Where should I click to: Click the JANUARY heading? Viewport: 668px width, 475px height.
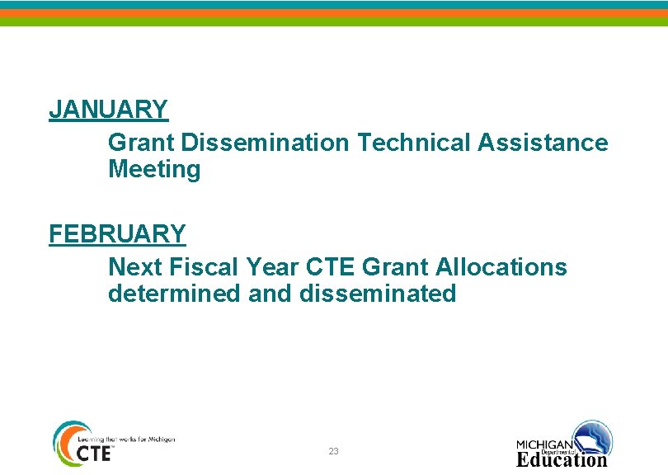pos(108,109)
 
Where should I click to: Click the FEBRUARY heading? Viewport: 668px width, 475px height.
pos(117,234)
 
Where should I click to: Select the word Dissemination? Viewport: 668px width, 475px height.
pos(265,143)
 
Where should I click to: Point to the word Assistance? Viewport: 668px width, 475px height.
pos(542,143)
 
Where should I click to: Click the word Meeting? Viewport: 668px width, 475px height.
pos(154,170)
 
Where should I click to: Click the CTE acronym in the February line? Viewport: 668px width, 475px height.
pos(331,267)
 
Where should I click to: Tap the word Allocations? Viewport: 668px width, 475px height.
pos(501,267)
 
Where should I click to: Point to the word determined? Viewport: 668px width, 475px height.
pos(174,294)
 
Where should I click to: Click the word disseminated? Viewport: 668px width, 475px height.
pos(378,294)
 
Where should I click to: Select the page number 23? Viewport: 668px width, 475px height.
pos(333,451)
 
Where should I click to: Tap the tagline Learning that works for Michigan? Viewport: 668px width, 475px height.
pos(125,440)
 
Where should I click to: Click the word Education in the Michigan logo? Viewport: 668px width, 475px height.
pos(562,459)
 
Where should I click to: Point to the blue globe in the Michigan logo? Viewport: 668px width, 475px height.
pos(593,436)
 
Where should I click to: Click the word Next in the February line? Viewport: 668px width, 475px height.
pos(135,267)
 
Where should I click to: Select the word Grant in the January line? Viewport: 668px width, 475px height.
pos(141,143)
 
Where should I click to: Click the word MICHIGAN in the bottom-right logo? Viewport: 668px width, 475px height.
pos(544,444)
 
